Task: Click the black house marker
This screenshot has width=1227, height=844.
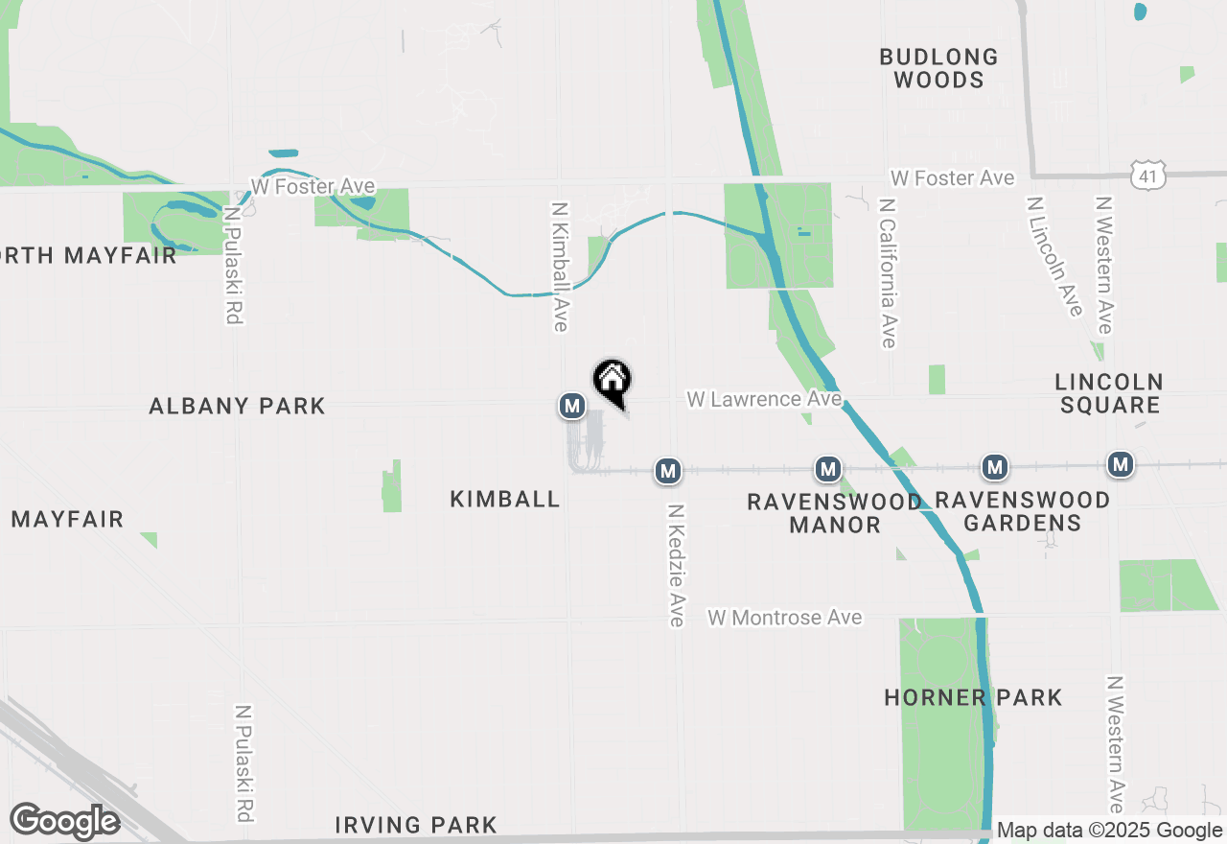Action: click(612, 382)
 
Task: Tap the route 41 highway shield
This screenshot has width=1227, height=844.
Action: click(1147, 175)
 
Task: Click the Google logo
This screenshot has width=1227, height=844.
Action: click(64, 821)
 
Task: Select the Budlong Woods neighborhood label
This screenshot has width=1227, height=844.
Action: click(938, 68)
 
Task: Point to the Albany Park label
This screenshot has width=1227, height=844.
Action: click(237, 406)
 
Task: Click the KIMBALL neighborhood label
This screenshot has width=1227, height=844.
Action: click(505, 499)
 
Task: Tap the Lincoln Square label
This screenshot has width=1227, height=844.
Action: click(1108, 393)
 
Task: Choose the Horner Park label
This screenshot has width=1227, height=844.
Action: click(973, 697)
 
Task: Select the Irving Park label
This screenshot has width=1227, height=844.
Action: click(416, 825)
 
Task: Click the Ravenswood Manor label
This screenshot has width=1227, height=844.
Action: click(834, 512)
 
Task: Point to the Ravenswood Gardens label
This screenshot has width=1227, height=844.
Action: click(1022, 511)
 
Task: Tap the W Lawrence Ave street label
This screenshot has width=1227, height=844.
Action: click(764, 398)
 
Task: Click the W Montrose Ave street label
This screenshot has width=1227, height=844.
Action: click(785, 618)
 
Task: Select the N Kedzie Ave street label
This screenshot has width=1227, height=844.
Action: click(677, 566)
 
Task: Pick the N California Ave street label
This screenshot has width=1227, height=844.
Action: click(888, 273)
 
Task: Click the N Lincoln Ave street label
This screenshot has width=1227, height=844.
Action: click(1054, 256)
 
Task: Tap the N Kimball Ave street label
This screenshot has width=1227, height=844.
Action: click(561, 266)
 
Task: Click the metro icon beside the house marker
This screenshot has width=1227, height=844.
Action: click(572, 406)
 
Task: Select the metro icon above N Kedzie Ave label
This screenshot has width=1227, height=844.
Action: click(668, 471)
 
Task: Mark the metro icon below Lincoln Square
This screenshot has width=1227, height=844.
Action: click(1120, 465)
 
